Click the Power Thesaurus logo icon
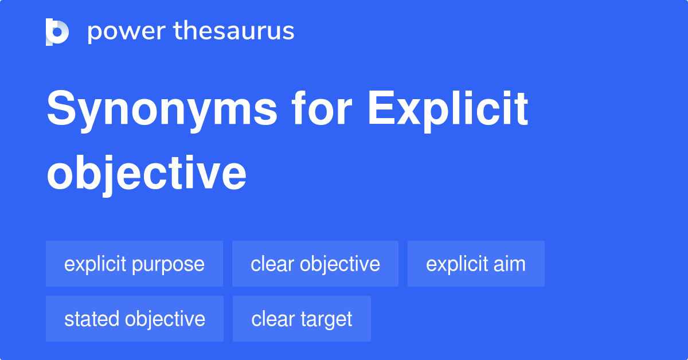pos(57,32)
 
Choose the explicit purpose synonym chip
pos(134,264)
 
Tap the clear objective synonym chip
pos(315,264)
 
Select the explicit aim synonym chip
pos(476,264)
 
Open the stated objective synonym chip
pos(135,319)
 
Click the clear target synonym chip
pos(302,319)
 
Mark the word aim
pos(511,264)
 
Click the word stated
pos(92,319)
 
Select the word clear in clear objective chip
pos(272,264)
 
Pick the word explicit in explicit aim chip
pos(455,264)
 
